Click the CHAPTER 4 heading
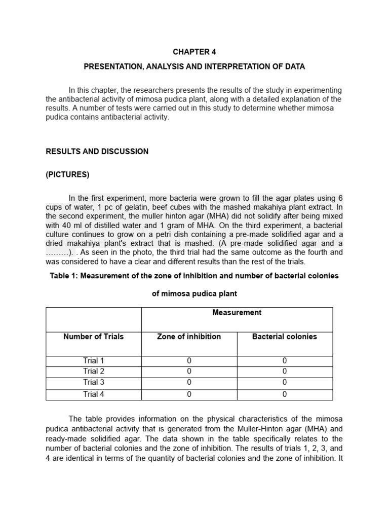(194, 52)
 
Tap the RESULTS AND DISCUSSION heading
(97, 151)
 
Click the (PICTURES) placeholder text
(67, 175)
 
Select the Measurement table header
(237, 313)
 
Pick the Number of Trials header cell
(93, 337)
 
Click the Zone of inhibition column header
(189, 337)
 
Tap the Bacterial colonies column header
(284, 337)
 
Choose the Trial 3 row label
(93, 383)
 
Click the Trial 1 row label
(93, 360)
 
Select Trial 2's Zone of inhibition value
(189, 372)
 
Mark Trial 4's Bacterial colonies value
(284, 394)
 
